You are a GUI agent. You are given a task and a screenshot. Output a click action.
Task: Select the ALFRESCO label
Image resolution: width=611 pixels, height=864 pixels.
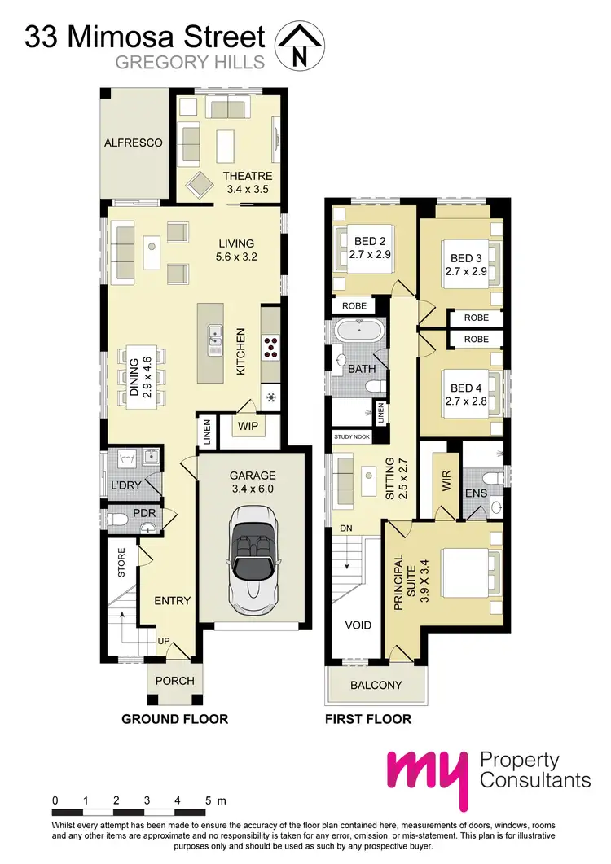133,143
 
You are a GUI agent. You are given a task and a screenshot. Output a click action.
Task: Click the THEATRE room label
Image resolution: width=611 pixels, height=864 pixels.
248,176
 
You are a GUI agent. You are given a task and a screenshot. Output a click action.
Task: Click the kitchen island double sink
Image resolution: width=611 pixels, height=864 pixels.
213,340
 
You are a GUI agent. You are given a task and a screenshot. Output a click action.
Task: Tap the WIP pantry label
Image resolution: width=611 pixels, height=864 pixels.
248,425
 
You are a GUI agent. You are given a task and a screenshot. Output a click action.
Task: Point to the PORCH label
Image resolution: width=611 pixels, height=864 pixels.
171,681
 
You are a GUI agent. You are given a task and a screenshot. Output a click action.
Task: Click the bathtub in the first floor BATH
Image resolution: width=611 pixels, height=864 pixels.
358,332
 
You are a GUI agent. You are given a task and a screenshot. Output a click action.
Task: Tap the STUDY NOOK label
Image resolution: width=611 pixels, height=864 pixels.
350,437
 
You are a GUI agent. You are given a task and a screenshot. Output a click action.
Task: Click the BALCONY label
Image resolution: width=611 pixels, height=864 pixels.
376,685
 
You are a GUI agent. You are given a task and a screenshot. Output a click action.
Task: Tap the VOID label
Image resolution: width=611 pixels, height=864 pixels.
358,625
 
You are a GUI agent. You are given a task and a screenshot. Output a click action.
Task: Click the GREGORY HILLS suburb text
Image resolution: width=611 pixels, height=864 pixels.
191,62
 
